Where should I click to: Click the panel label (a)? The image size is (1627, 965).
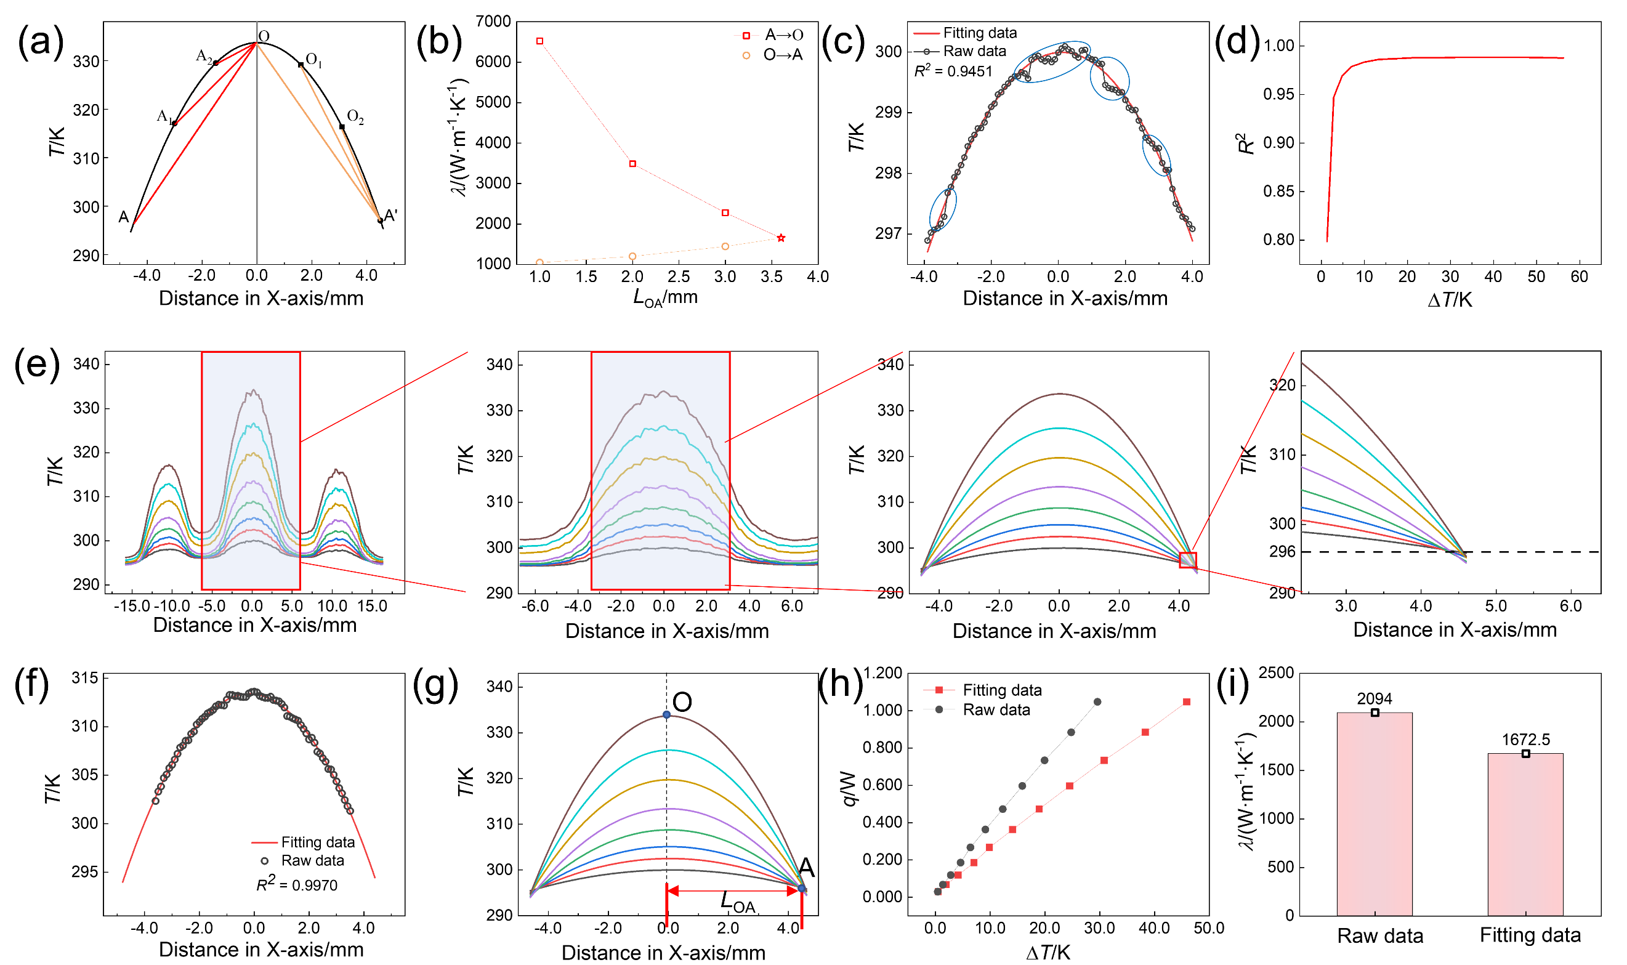40,42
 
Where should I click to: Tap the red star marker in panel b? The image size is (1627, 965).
781,238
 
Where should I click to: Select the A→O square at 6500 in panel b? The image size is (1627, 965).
539,41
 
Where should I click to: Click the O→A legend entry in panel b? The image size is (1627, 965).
774,55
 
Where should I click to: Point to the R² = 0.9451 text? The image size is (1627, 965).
953,71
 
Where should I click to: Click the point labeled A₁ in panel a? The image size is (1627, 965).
174,123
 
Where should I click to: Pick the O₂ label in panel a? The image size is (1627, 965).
355,117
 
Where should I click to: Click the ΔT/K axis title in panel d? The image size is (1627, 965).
1450,300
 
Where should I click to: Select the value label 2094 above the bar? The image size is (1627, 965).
1374,698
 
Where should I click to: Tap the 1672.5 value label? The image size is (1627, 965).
1525,740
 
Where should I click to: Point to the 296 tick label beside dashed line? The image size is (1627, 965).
1282,551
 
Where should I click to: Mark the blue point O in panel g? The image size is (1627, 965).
666,714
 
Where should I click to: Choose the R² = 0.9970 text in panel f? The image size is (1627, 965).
297,884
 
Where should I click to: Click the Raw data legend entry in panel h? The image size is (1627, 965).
996,709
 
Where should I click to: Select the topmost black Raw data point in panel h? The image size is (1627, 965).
1097,701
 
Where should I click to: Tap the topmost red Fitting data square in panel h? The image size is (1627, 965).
1187,701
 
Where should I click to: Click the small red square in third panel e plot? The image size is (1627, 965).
1188,559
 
